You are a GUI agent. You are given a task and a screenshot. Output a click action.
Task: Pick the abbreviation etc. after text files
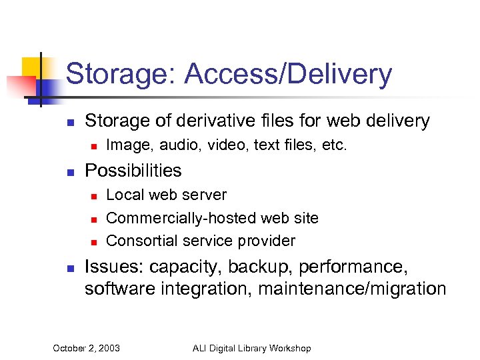tap(334, 145)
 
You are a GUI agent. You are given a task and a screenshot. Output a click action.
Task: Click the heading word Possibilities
tap(133, 171)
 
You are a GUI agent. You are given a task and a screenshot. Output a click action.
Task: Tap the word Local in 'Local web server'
tap(123, 195)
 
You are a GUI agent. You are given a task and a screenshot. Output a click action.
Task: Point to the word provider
tap(268, 240)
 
